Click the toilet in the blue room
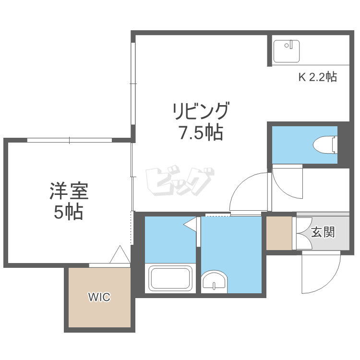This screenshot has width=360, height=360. [325, 144]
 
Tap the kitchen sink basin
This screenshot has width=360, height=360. [287, 51]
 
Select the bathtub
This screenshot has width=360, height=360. [170, 278]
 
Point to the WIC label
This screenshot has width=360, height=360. [99, 297]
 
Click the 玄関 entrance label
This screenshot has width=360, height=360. [323, 232]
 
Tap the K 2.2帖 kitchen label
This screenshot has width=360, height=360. [318, 77]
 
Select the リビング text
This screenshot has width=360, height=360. [201, 111]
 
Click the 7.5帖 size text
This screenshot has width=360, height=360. [201, 132]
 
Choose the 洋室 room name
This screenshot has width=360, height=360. [69, 191]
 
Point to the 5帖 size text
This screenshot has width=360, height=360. [69, 212]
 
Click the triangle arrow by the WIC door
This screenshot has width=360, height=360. [120, 254]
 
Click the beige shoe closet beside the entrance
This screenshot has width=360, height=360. [279, 233]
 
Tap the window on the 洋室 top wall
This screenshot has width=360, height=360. [69, 140]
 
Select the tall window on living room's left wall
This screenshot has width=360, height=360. [133, 84]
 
